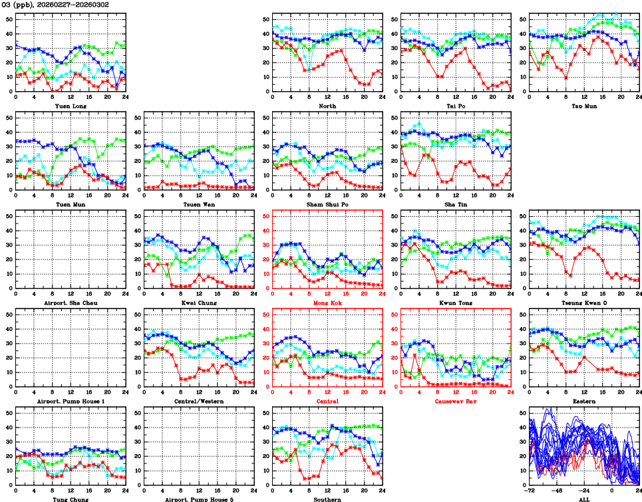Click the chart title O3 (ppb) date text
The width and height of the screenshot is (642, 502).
[57, 5]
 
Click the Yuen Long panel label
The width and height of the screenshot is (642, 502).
[70, 106]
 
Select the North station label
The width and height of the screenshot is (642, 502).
[327, 106]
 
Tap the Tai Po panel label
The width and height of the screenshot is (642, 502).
[456, 106]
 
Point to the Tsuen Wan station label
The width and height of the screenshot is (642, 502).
[199, 204]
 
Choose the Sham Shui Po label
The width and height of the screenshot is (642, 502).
[327, 204]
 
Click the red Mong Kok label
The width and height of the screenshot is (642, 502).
[327, 303]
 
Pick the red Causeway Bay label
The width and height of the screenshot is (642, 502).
[456, 402]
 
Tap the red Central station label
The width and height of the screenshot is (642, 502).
[327, 402]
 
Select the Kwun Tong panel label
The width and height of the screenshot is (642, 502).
[456, 303]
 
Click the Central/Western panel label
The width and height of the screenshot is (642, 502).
[199, 402]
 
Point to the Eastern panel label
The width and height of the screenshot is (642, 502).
[584, 402]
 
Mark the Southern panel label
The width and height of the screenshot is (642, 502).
[327, 499]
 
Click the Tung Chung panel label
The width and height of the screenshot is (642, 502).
[70, 499]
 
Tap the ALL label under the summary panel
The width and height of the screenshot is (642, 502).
[584, 499]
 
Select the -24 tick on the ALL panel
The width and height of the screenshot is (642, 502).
[585, 491]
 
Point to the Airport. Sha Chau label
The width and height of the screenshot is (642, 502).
[70, 303]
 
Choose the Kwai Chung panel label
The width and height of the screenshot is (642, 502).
[199, 303]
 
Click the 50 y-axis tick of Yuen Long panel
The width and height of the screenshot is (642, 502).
[9, 19]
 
